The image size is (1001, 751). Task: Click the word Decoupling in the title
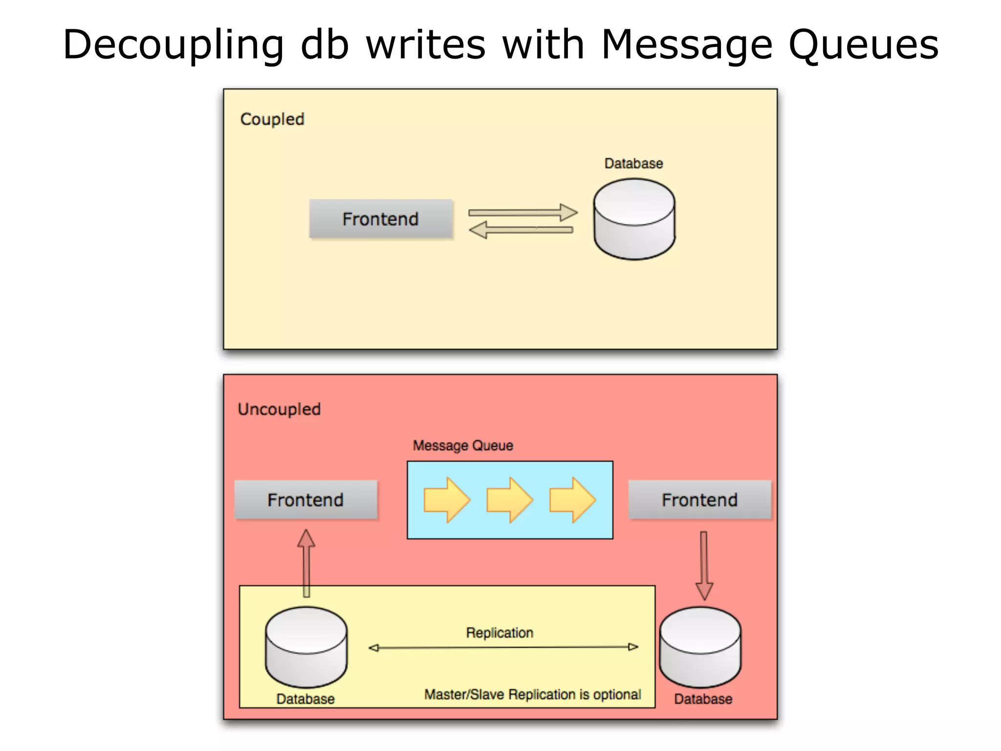point(173,45)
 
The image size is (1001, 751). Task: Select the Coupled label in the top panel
point(272,119)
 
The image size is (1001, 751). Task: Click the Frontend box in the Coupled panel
point(381,219)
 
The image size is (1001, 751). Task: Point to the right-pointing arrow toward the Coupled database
point(522,212)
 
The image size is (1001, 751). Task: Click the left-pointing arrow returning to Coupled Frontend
point(521,230)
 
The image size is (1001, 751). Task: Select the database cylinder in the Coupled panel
point(634,219)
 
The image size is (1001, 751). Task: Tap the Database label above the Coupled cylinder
point(633,163)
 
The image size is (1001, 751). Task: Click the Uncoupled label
point(279,409)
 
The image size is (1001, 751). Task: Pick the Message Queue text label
point(463,445)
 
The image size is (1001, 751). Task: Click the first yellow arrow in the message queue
point(446,500)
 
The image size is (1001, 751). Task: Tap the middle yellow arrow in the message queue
point(509,500)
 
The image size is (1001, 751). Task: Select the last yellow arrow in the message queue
point(572,500)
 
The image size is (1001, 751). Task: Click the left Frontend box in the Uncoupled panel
point(306,500)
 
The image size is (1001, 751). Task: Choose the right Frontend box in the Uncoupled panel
point(699,500)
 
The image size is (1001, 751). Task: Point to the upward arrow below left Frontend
point(306,562)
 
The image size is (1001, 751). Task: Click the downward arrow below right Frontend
point(704,565)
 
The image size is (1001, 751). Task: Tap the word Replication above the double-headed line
point(500,633)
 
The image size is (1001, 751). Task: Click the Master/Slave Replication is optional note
point(532,694)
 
